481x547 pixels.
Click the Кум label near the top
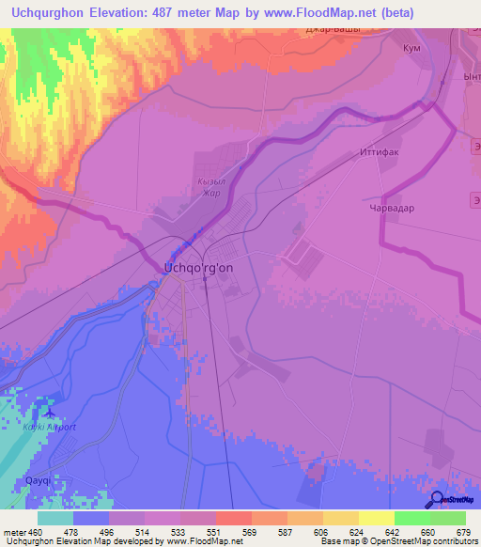(x=410, y=48)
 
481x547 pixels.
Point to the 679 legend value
(x=459, y=532)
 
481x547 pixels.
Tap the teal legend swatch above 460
(x=55, y=518)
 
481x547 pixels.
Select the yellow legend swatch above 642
(x=376, y=518)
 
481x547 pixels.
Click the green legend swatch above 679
(x=448, y=518)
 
